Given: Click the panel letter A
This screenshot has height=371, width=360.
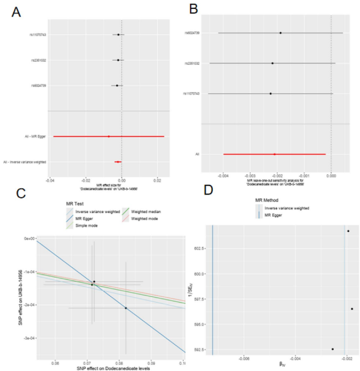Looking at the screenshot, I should click(16, 11).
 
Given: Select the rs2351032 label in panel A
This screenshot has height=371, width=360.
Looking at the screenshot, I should click(38, 60).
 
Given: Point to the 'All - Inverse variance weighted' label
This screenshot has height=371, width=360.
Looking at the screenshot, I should click(25, 162).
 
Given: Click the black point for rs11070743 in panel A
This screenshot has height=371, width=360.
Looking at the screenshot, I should click(118, 35).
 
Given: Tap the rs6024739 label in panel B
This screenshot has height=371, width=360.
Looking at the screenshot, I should click(192, 33).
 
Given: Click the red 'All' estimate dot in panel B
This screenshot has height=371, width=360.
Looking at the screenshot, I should click(274, 154).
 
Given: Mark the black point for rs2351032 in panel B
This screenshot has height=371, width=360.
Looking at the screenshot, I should click(273, 63).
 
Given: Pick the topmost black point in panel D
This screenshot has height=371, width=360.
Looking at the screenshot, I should click(348, 231).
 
